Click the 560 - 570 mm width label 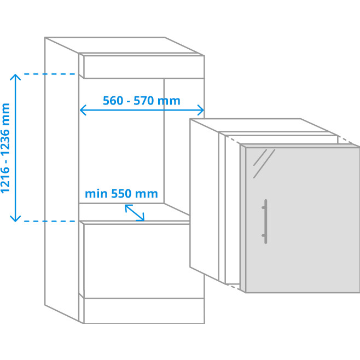[x=141, y=101]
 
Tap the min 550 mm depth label [x=121, y=194]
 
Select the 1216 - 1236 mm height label [x=5, y=148]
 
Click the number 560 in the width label [x=113, y=101]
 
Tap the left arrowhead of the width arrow [x=83, y=110]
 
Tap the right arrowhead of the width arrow [x=201, y=110]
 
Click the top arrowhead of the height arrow [x=15, y=77]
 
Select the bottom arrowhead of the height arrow [x=15, y=219]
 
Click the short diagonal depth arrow [x=135, y=213]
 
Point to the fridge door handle [x=265, y=222]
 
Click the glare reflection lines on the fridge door [x=264, y=164]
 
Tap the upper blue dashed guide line [x=50, y=74]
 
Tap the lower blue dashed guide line [x=50, y=222]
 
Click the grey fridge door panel [x=303, y=220]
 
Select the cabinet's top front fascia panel [x=144, y=67]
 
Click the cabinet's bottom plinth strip [x=144, y=311]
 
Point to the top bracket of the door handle [x=264, y=207]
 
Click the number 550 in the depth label [x=121, y=194]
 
